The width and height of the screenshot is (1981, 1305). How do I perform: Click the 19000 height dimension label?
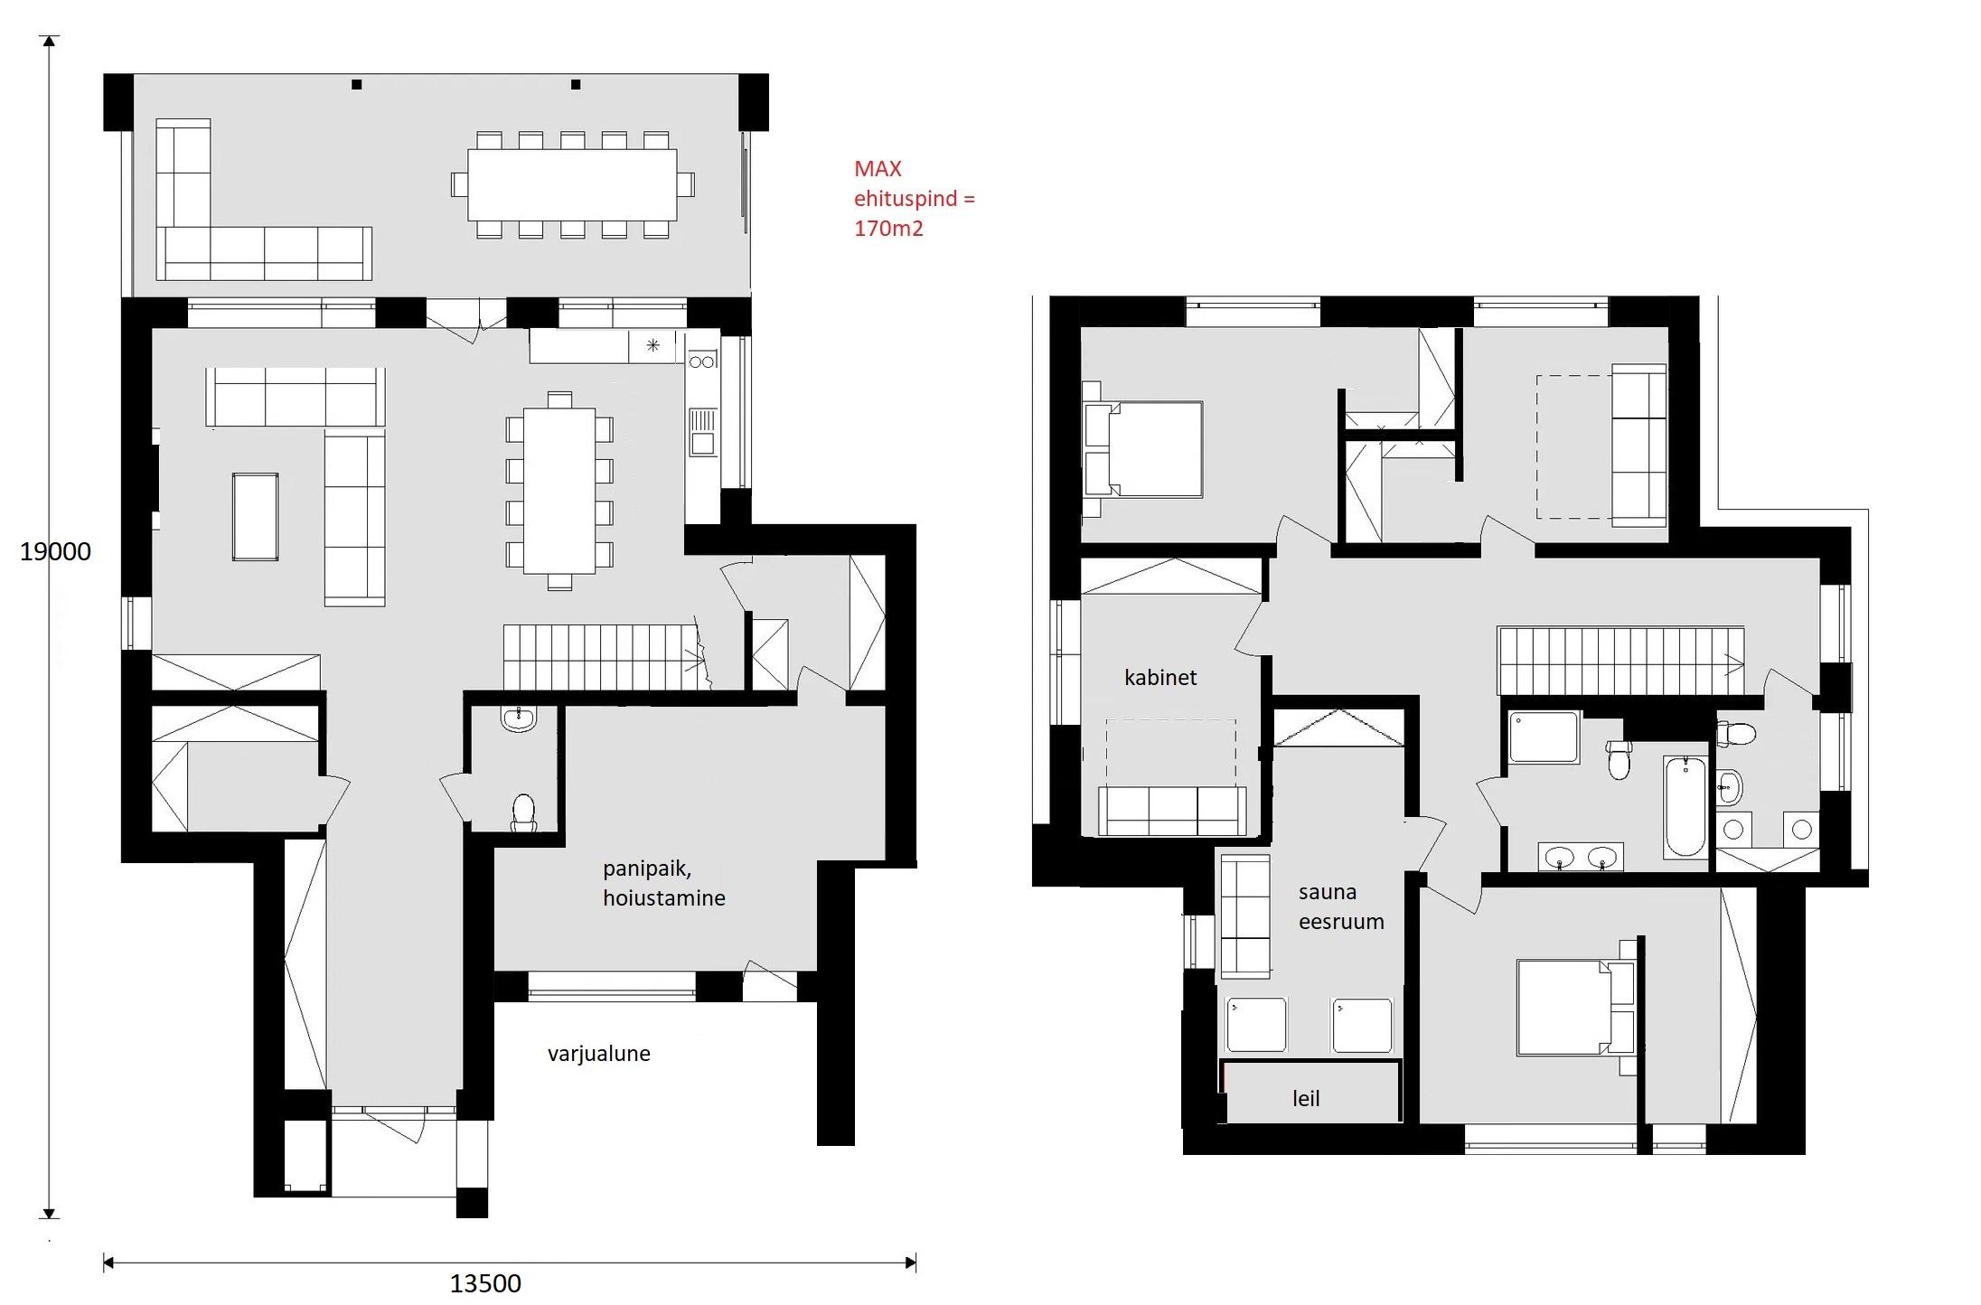55,551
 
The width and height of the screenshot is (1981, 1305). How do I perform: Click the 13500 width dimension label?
485,1283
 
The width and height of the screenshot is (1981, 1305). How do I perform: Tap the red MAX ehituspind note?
914,198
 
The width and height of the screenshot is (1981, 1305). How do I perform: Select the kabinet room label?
1160,677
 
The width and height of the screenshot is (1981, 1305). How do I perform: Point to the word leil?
1306,1098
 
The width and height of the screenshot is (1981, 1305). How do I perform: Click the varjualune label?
598,1054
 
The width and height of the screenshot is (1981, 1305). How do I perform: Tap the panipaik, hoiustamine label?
663,883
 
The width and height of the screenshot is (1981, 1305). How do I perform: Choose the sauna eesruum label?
1341,906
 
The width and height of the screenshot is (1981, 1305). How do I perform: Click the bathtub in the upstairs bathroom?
1685,806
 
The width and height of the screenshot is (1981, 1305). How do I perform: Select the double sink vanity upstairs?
1581,857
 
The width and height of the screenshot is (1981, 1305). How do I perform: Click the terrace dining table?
572,184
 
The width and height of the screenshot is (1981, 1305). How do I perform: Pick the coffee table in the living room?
255,517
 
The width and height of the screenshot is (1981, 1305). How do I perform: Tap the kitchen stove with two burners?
702,361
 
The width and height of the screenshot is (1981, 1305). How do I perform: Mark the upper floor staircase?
1621,661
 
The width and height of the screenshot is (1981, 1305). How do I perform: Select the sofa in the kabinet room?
1172,810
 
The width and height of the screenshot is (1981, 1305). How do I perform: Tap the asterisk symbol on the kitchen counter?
653,345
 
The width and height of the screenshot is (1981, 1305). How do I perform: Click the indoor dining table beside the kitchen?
559,491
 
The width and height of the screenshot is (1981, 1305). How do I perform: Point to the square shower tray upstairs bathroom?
1544,737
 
